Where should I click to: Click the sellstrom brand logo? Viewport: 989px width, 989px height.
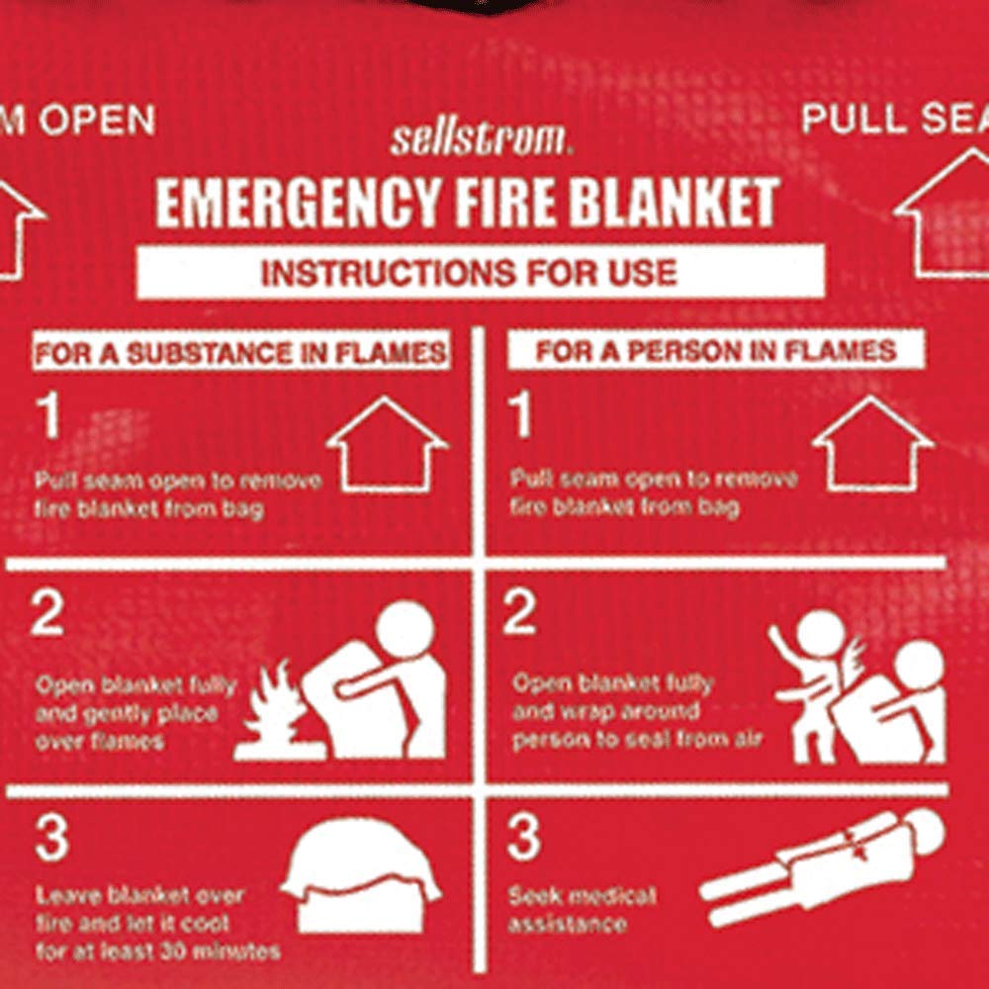[481, 137]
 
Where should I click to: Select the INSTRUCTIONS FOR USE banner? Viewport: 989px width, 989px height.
[480, 272]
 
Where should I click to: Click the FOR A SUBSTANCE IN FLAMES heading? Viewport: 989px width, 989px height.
[240, 353]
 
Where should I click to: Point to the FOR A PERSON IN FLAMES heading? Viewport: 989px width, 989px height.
[715, 351]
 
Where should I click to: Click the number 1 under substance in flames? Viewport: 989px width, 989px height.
[49, 419]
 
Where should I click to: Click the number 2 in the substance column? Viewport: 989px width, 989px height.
[47, 615]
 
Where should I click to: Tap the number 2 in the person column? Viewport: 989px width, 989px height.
[519, 615]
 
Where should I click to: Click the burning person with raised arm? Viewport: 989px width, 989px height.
[815, 682]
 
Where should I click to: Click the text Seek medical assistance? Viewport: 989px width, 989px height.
[582, 910]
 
